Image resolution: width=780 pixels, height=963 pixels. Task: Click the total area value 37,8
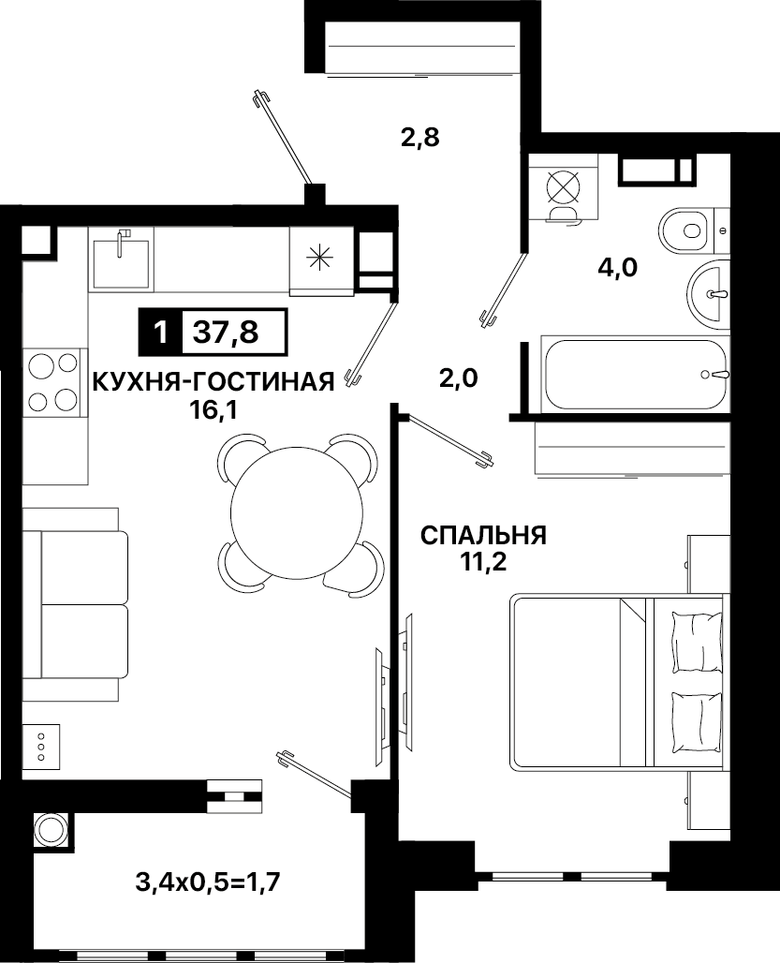[x=226, y=333]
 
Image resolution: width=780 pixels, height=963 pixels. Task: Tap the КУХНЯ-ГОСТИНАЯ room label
[x=213, y=381]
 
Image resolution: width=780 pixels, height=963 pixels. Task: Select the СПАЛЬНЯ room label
[x=483, y=536]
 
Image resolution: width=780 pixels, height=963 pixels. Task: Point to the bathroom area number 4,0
[x=618, y=268]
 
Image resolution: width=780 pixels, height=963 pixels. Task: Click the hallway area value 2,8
[x=420, y=138]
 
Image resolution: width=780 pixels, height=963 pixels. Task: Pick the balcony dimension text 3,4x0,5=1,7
[x=208, y=883]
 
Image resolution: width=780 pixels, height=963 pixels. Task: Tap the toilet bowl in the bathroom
[x=686, y=231]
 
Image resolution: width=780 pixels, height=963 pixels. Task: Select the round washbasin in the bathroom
[x=709, y=293]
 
